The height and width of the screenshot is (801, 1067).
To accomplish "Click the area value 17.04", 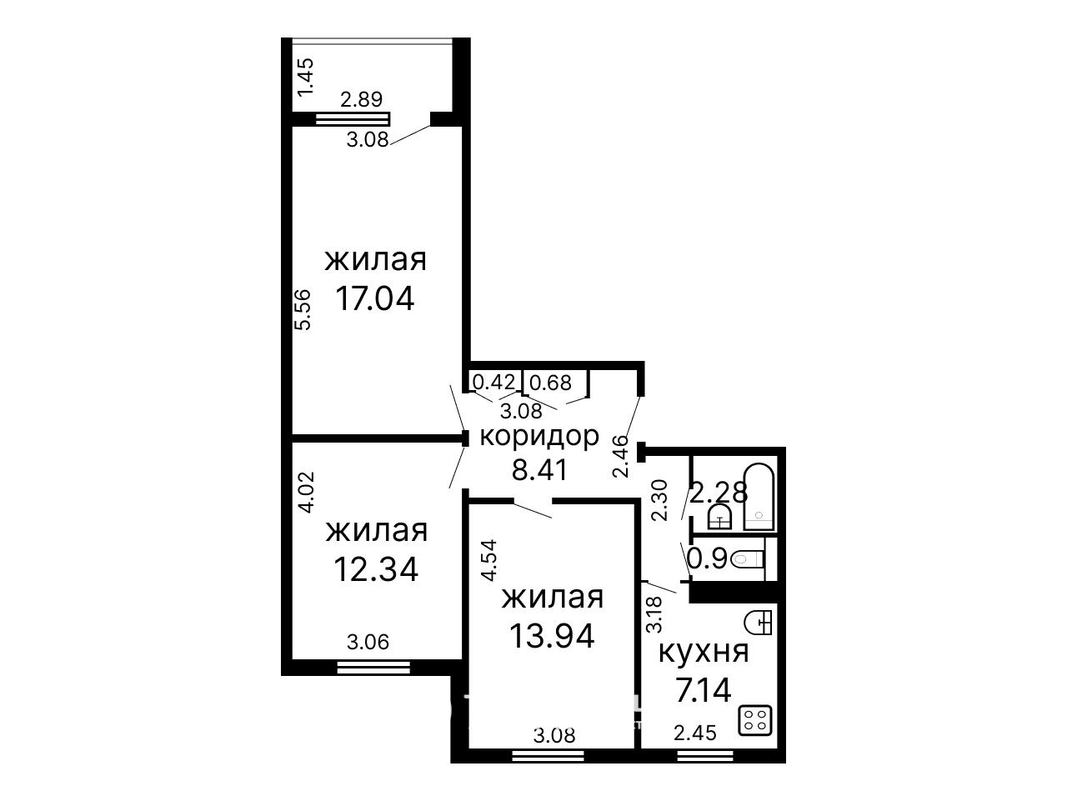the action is (x=375, y=298).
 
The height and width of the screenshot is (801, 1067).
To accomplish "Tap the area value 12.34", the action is (x=376, y=569).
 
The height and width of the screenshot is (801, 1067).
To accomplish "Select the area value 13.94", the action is (x=552, y=636).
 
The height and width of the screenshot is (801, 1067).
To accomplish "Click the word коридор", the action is (x=539, y=437).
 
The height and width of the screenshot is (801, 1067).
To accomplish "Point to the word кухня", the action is (x=704, y=653).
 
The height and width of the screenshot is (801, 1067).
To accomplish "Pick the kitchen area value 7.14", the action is (x=703, y=690).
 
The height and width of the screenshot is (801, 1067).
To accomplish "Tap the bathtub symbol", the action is (x=759, y=498).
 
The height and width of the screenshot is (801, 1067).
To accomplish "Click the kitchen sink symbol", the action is (x=759, y=623).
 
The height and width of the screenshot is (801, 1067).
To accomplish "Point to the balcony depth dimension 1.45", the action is (x=306, y=77).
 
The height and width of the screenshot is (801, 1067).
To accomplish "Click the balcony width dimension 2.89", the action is (x=361, y=100).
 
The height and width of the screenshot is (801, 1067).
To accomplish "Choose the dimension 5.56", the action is (x=303, y=309).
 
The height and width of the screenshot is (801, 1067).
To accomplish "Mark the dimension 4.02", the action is (x=308, y=492).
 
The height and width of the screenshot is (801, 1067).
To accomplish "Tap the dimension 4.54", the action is (x=488, y=560).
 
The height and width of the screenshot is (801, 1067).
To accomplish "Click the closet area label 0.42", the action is (x=493, y=382).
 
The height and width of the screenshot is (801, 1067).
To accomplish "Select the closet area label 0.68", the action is (x=551, y=383).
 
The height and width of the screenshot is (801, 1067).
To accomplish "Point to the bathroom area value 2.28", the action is (x=719, y=493).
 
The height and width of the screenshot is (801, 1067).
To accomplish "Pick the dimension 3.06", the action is (x=368, y=642).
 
